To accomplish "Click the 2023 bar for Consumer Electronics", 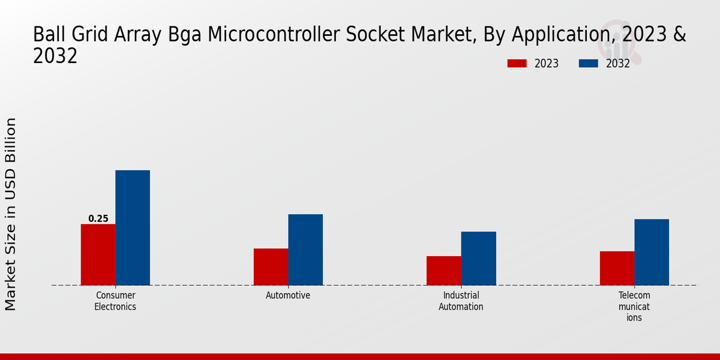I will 98,254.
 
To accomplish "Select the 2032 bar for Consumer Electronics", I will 133,227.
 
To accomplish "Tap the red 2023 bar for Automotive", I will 271,266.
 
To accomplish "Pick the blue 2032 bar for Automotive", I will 305,250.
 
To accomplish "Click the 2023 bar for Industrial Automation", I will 443,271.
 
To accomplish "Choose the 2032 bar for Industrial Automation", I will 478,258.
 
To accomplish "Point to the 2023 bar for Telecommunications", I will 617,268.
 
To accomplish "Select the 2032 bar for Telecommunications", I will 652,252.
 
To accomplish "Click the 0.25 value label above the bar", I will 98,219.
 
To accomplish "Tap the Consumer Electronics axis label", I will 115,301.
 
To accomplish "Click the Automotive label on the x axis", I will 288,296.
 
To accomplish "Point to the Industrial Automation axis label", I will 461,301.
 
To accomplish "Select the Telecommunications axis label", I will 634,307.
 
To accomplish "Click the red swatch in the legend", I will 517,64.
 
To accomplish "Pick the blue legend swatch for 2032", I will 589,64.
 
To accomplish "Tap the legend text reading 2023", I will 547,64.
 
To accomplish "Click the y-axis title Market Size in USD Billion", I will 11,214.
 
